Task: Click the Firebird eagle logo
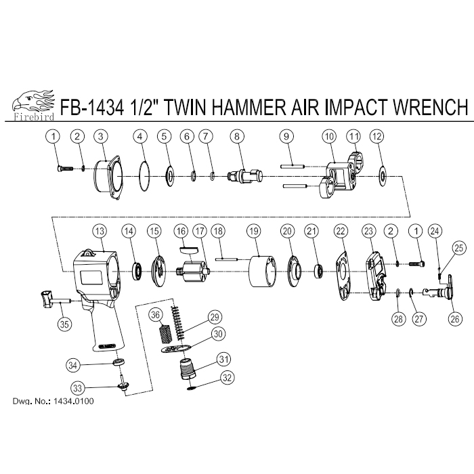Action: tap(33, 105)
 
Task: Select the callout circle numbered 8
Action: tap(237, 136)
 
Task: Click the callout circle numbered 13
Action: tap(100, 232)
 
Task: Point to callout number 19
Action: tap(254, 232)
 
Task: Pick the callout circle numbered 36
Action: tap(155, 315)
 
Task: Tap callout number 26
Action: tap(455, 319)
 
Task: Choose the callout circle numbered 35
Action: tap(64, 324)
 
